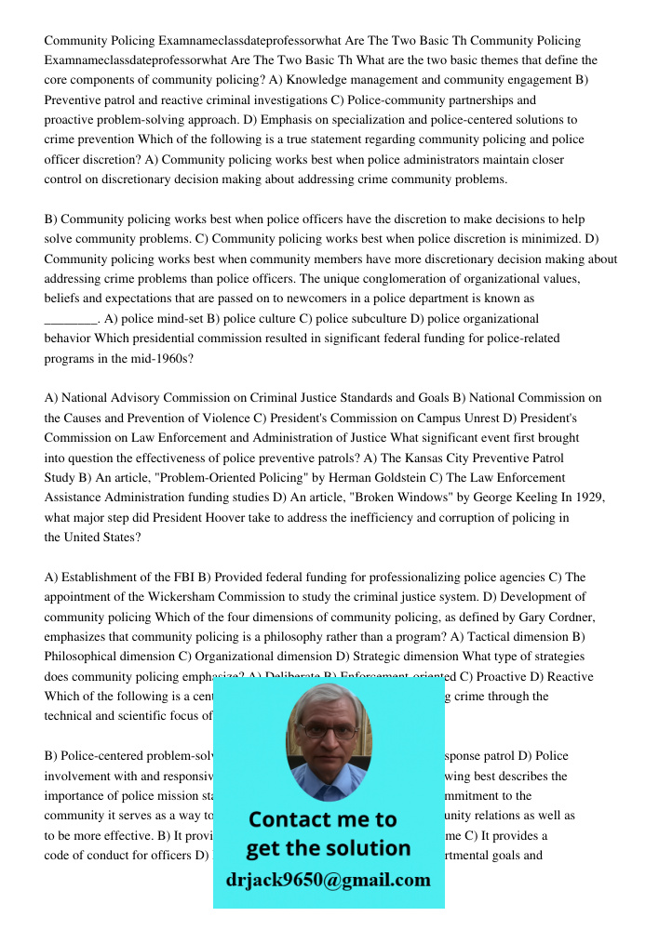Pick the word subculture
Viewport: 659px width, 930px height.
(x=359, y=319)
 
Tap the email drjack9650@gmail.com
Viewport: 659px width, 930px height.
(x=329, y=880)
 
